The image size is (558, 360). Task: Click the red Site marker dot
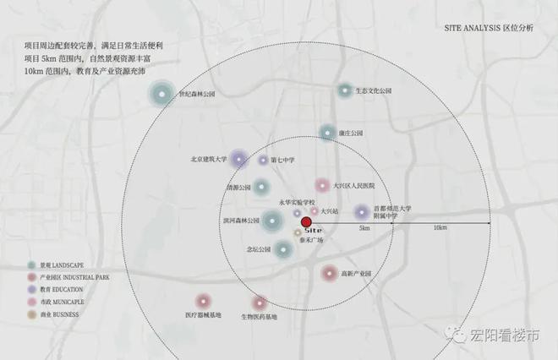pos(306,222)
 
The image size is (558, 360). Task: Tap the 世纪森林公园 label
pos(196,95)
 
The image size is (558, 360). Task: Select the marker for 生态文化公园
pos(345,90)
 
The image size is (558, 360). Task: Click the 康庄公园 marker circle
pos(327,133)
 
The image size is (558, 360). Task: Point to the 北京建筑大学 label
pos(209,158)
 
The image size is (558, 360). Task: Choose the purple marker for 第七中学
pos(263,160)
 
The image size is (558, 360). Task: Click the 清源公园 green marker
pos(262,188)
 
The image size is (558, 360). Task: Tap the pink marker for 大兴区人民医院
pos(322,185)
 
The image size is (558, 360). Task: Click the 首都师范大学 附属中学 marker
pos(362,212)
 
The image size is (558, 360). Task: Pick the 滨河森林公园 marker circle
pos(271,221)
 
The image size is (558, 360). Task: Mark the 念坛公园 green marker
pos(282,248)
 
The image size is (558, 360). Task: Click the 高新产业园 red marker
pos(330,273)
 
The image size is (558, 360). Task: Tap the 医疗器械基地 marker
pos(203,300)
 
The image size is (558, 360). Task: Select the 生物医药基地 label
pos(260,316)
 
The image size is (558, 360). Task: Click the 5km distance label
pos(364,228)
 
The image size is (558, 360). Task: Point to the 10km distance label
pos(440,228)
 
